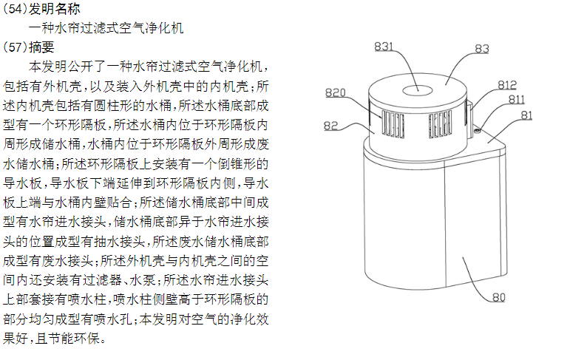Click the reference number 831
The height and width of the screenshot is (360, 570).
coord(384,46)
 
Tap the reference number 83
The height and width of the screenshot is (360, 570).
coord(482,49)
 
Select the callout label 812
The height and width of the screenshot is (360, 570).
coord(507,85)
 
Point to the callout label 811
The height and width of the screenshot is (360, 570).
coord(516,99)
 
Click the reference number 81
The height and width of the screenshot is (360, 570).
coord(526,115)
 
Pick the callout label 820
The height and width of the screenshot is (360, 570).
coord(335,92)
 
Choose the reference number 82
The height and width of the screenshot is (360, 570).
coord(330,126)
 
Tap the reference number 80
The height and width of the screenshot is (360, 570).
coord(499,297)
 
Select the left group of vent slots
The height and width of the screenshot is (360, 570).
coord(393,124)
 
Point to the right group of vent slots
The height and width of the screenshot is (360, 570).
coord(440,124)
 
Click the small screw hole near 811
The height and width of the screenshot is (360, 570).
coord(478,131)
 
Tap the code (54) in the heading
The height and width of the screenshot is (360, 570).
coord(15,9)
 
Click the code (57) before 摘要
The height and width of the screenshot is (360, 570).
coord(15,47)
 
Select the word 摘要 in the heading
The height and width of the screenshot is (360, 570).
coord(41,47)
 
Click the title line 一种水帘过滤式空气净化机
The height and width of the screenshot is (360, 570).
coord(106,28)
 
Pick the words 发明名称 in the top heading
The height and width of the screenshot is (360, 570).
coord(54,9)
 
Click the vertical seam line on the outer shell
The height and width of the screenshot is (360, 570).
coord(446,224)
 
